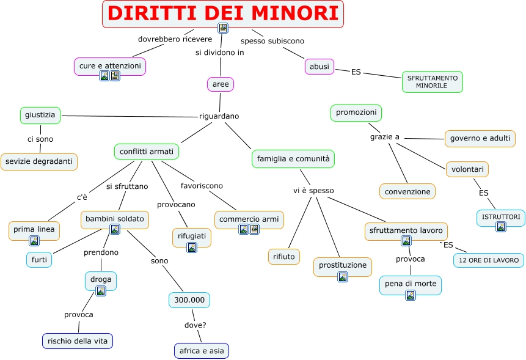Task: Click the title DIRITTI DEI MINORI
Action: (222, 13)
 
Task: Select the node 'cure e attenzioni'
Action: (110, 65)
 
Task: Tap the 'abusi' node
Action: (319, 66)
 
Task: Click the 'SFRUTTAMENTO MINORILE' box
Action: (432, 82)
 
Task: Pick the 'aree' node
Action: (221, 84)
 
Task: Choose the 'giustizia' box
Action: (40, 114)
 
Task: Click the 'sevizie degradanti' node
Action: (39, 161)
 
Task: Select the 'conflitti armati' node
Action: (147, 151)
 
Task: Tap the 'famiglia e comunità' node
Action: (293, 158)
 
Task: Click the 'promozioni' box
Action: (356, 112)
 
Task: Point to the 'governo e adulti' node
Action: (480, 138)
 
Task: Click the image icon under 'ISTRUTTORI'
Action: (501, 227)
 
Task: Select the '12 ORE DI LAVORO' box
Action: (488, 260)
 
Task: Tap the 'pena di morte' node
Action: (410, 284)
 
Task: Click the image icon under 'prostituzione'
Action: (343, 276)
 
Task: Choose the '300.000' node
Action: (189, 299)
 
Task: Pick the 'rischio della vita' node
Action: (78, 340)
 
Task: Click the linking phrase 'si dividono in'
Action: (219, 53)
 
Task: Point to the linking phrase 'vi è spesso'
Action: (313, 191)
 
